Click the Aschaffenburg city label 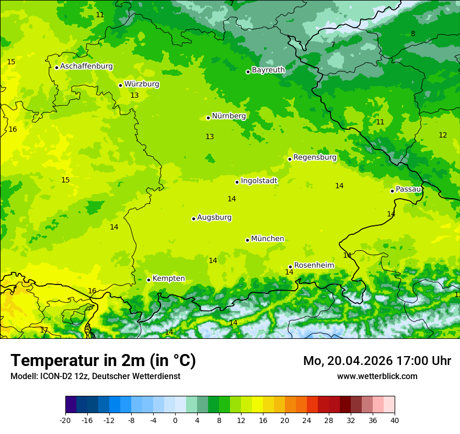86,66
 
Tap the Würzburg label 142,84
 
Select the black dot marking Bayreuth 248,72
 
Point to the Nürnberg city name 228,116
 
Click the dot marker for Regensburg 290,159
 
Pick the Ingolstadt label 259,181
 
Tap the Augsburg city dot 193,219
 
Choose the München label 268,239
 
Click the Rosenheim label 314,266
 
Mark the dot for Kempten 148,280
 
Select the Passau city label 408,189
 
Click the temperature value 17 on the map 44,330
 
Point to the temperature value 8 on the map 413,34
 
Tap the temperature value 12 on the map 443,135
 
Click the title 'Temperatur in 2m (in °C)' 103,361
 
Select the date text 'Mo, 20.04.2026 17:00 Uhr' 377,361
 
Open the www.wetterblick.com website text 377,376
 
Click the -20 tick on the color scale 65,420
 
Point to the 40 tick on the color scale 395,420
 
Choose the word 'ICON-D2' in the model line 53,376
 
